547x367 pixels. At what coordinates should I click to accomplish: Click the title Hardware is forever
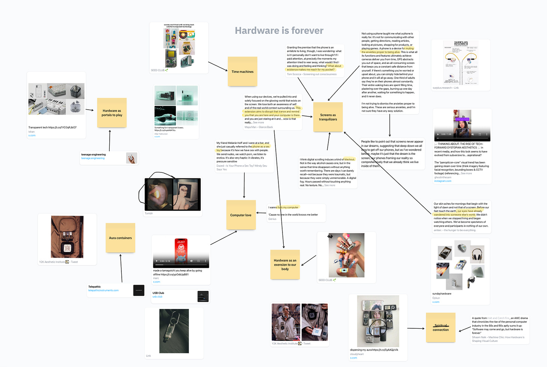click(279, 31)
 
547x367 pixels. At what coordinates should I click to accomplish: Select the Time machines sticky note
click(242, 71)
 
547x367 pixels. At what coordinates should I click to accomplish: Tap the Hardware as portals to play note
click(112, 113)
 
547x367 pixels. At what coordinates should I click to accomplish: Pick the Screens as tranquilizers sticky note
click(328, 117)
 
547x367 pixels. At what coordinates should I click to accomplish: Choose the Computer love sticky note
click(241, 215)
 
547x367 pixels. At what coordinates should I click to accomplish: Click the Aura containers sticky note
click(120, 238)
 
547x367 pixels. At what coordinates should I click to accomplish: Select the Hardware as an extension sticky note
click(285, 264)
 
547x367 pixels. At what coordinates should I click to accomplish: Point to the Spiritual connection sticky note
click(440, 328)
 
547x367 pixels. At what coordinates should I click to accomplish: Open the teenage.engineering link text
click(93, 158)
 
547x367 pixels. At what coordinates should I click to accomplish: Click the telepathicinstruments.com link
click(103, 290)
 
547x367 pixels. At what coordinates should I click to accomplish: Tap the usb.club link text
click(157, 297)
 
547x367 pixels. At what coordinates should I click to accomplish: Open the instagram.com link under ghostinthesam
click(443, 181)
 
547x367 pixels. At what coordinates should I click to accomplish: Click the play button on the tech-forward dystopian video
click(438, 134)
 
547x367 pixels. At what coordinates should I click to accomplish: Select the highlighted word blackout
click(349, 159)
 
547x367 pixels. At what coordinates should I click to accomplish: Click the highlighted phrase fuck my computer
click(288, 207)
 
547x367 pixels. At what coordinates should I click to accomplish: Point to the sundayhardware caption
click(442, 294)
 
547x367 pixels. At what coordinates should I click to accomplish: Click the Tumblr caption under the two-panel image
click(149, 213)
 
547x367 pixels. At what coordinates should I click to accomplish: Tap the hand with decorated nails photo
click(346, 255)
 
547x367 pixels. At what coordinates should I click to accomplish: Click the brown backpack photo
click(67, 237)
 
